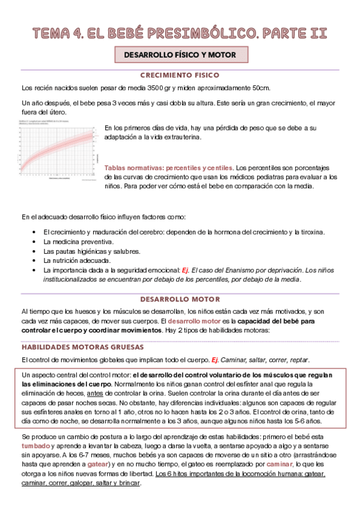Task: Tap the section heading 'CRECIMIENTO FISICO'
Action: [180, 75]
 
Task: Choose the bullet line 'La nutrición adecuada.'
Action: [77, 261]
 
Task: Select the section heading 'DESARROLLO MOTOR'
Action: [180, 299]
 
